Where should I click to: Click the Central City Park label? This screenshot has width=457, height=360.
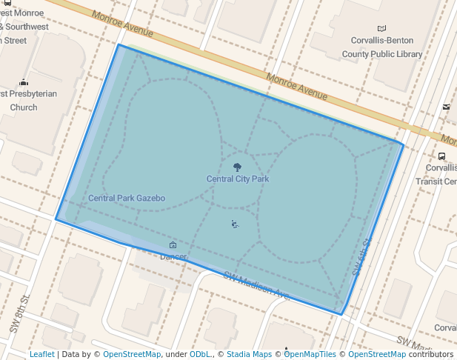(x=237, y=179)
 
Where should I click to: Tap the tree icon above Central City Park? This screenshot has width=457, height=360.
(x=237, y=167)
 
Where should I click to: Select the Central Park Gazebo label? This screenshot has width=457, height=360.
(x=127, y=198)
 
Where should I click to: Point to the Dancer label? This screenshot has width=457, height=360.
(x=173, y=256)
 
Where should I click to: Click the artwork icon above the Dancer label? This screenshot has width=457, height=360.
(x=173, y=245)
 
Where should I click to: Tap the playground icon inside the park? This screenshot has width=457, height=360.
(x=235, y=224)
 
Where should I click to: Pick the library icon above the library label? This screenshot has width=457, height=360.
(x=382, y=28)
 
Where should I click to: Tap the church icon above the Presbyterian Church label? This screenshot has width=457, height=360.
(x=24, y=82)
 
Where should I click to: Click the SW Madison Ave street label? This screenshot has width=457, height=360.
(x=256, y=284)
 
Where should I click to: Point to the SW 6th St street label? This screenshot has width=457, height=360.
(x=361, y=256)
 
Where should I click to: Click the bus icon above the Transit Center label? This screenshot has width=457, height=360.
(x=442, y=156)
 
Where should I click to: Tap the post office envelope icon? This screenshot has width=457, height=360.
(x=446, y=107)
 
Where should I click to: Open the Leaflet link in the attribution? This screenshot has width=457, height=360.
(x=42, y=354)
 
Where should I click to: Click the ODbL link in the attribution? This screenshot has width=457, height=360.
(x=200, y=354)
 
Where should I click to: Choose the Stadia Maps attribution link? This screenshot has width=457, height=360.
(x=249, y=354)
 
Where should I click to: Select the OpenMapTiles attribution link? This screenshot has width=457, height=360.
(x=310, y=354)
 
